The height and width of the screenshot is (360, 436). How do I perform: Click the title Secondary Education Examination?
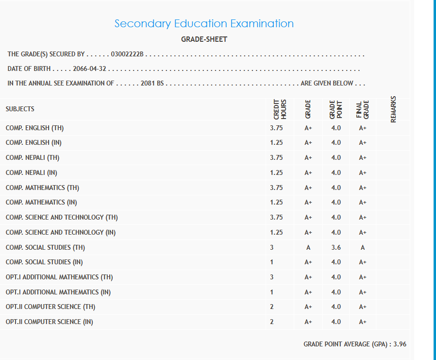pos(204,23)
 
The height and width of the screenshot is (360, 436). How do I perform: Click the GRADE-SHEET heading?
pos(204,39)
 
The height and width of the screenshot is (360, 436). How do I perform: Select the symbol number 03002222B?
pos(127,54)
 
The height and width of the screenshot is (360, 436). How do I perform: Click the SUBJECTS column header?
pos(20,109)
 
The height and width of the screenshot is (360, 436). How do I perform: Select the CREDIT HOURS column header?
pos(280,109)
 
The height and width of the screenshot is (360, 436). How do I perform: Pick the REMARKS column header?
pos(393,109)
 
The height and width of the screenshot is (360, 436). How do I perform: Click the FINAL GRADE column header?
pos(363,109)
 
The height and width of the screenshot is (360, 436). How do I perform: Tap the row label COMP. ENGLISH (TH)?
pos(35,128)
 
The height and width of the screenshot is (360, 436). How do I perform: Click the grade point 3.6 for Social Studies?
pos(336,247)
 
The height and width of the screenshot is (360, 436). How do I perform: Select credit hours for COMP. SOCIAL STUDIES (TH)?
pos(272,247)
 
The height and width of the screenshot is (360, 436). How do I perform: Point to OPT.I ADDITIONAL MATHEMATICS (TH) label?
pos(59,277)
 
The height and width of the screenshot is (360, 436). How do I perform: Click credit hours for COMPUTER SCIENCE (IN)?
pos(272,322)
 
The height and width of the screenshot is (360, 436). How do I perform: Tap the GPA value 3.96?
pos(400,344)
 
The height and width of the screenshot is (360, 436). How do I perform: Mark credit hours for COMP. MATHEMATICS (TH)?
pos(276,188)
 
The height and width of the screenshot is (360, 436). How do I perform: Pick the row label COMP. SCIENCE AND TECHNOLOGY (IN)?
pos(61,232)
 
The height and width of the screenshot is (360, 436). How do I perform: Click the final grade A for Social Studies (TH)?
pos(362,247)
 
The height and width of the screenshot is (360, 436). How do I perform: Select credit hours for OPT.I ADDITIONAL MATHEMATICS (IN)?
pos(272,292)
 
